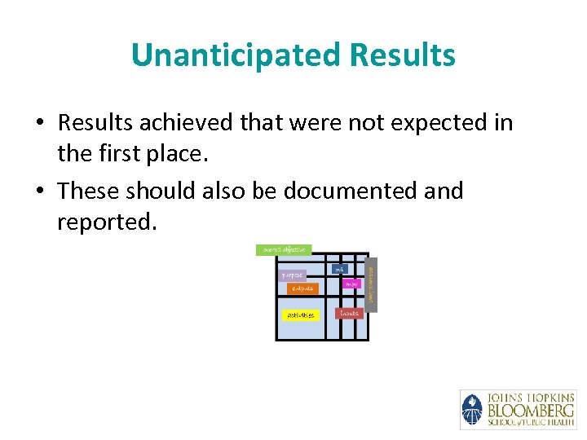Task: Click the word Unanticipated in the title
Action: click(235, 55)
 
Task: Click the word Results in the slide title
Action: click(402, 55)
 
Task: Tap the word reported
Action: click(106, 222)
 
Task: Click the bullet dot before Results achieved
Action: click(40, 124)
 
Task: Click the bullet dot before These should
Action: click(40, 191)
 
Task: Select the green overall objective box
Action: click(284, 249)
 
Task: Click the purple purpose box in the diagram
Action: click(293, 275)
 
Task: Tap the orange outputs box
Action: click(302, 288)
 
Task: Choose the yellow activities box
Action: click(300, 315)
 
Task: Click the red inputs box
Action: click(349, 313)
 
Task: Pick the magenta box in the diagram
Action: click(351, 284)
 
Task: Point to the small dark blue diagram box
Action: click(339, 268)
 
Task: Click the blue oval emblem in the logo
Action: click(472, 409)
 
